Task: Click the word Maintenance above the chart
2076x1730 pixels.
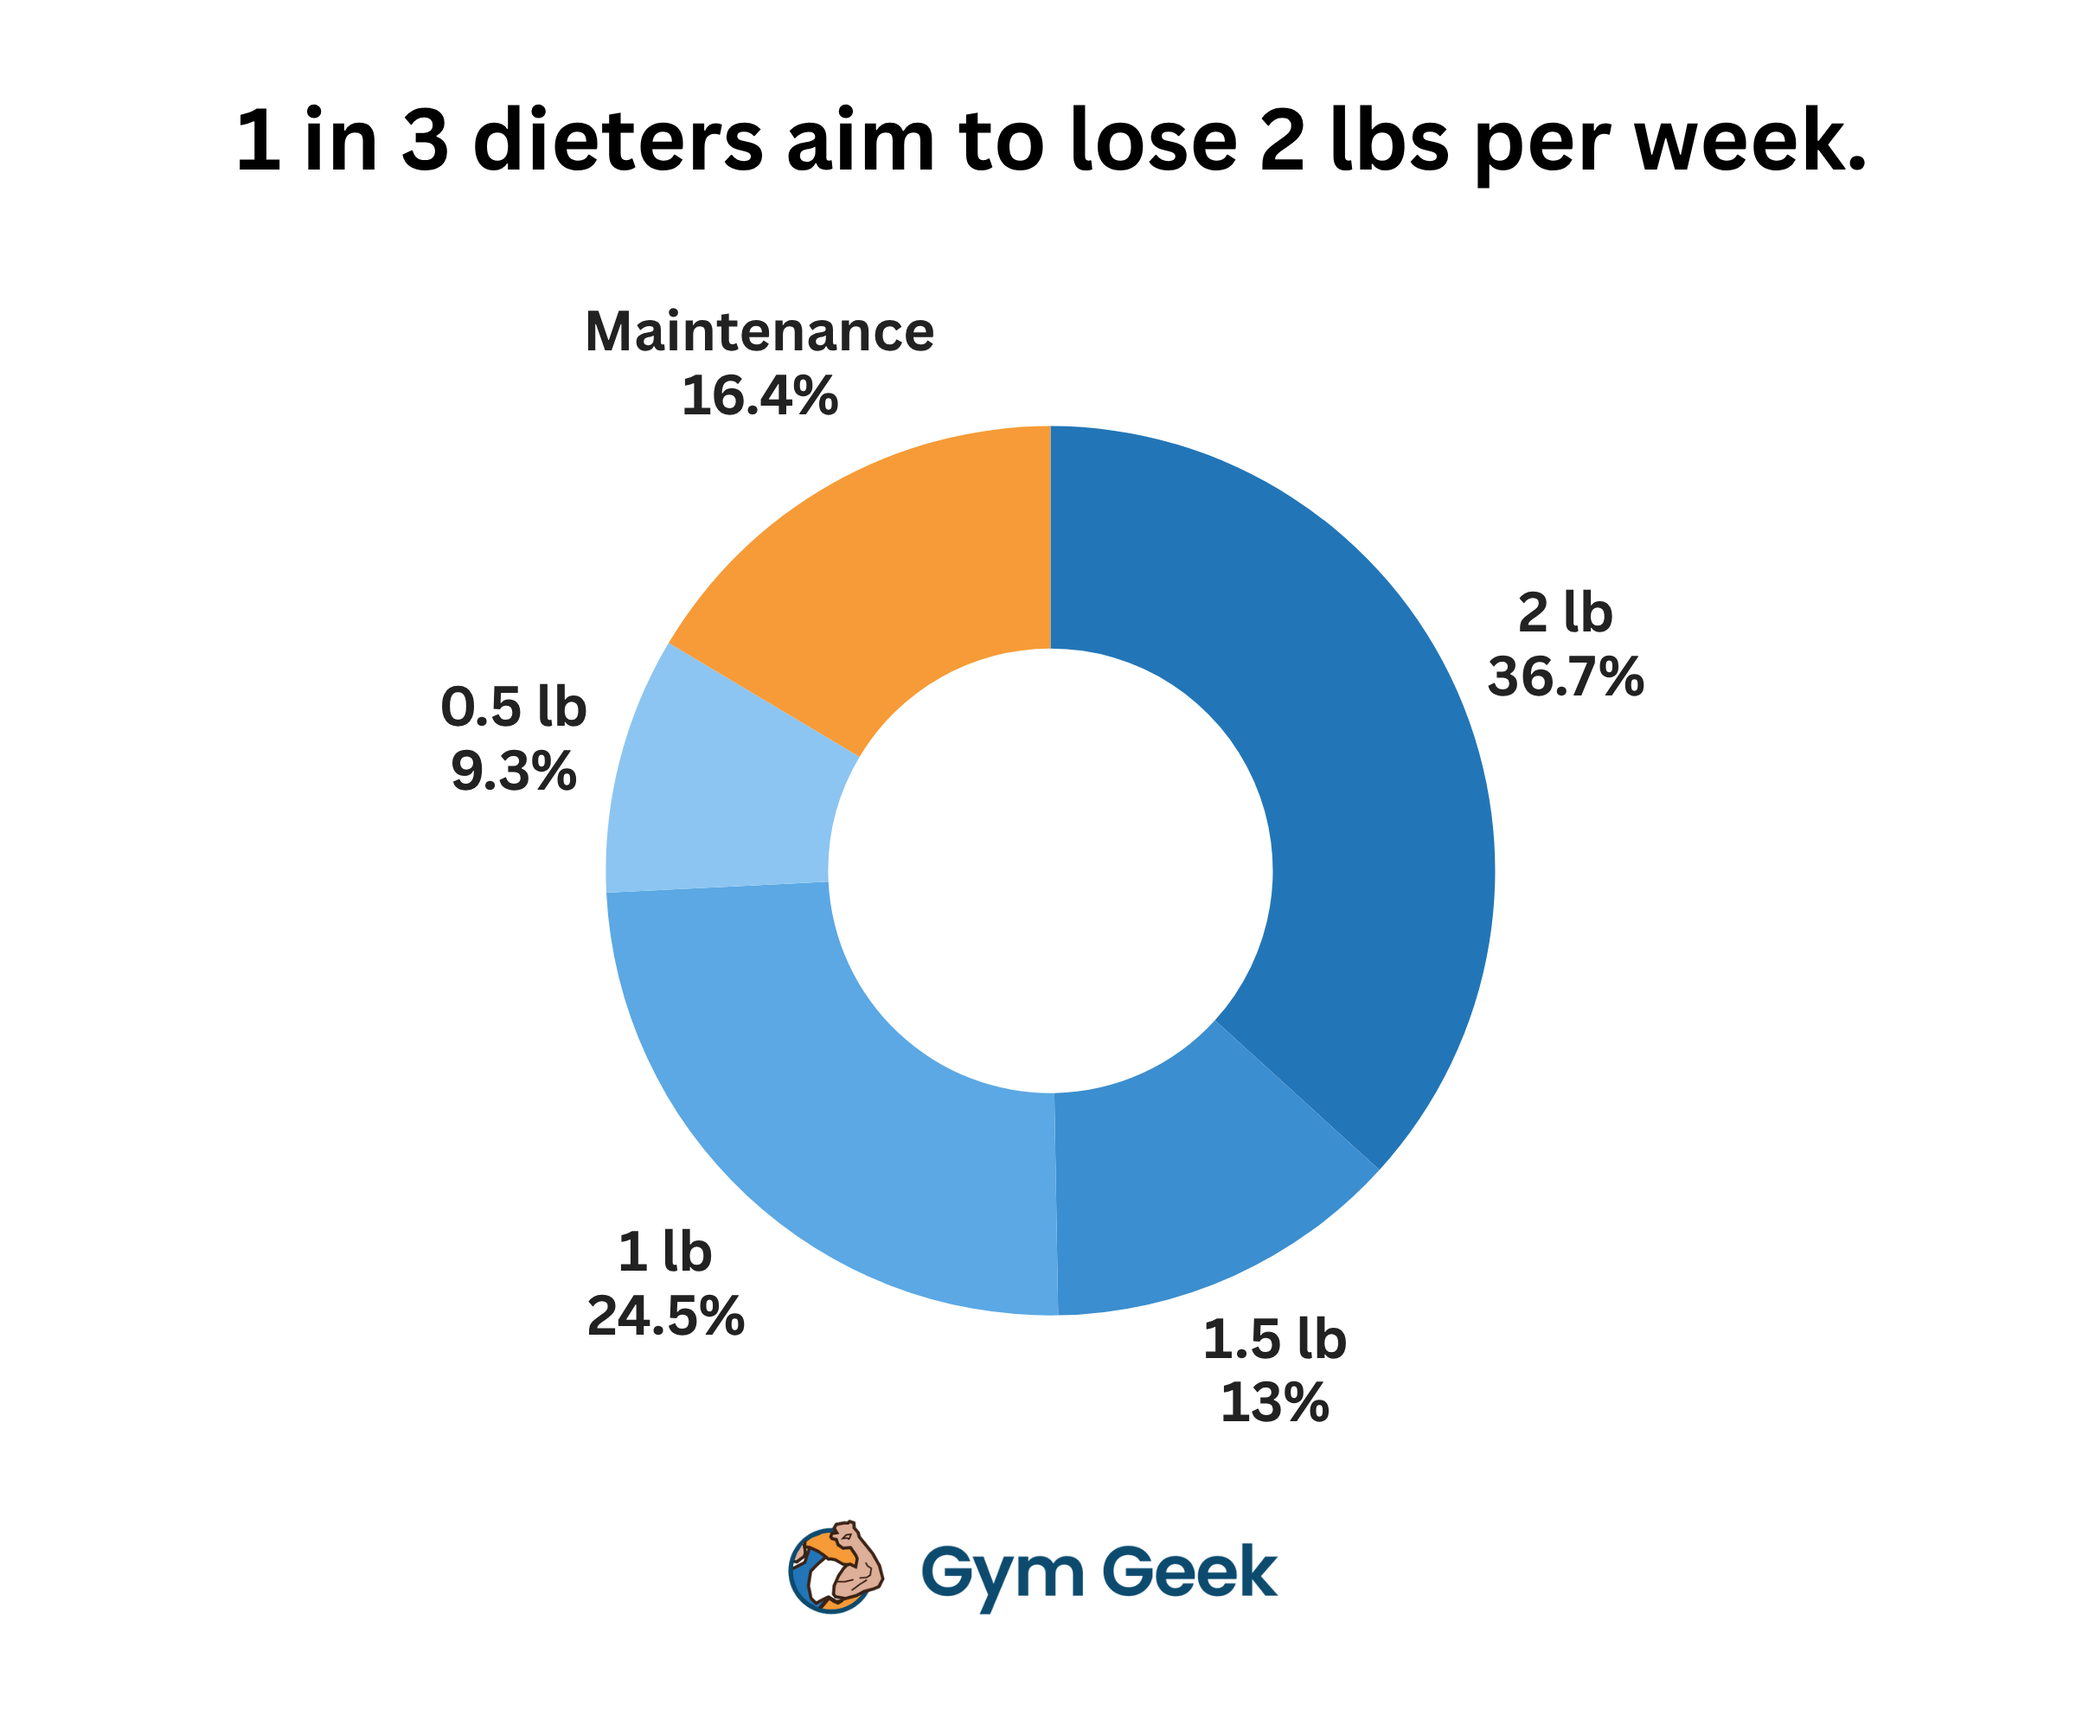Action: [x=759, y=332]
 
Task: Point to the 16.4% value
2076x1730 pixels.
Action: [x=759, y=396]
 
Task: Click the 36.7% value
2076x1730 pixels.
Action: [x=1566, y=677]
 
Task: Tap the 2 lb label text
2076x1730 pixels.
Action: [x=1566, y=614]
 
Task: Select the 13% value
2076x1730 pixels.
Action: [x=1274, y=1404]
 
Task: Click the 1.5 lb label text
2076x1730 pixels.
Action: [x=1274, y=1341]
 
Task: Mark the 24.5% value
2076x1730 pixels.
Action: [x=665, y=1317]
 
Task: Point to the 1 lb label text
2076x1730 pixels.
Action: [x=665, y=1253]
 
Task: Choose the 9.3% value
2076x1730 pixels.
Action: [x=514, y=772]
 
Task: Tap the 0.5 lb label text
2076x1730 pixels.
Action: [x=514, y=708]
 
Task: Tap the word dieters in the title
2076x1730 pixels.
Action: [x=618, y=140]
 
